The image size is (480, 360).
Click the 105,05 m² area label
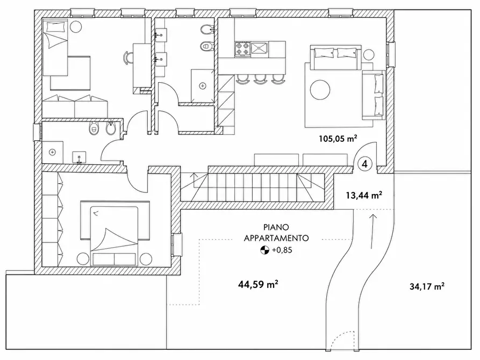click(x=338, y=139)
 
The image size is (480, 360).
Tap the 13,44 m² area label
click(x=364, y=195)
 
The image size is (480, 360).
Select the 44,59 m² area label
click(x=258, y=284)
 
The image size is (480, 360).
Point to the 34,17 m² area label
click(x=427, y=286)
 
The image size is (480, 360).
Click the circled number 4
click(x=364, y=164)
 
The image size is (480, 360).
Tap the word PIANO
click(x=276, y=227)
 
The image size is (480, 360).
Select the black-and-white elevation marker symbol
click(x=264, y=250)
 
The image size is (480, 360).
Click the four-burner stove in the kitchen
click(x=243, y=49)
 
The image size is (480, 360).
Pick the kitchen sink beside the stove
click(x=259, y=49)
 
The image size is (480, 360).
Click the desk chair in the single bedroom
click(x=127, y=57)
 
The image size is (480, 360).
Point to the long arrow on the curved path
click(x=373, y=231)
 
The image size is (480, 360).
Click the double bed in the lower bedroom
click(x=114, y=236)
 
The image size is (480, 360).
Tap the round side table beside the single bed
click(x=76, y=27)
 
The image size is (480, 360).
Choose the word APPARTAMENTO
click(x=276, y=238)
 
